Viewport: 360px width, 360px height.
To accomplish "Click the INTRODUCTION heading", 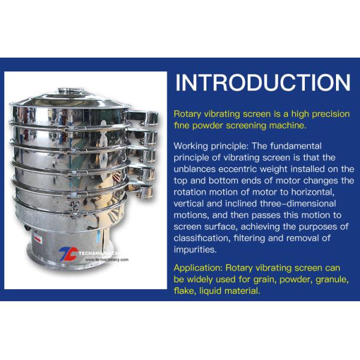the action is (263, 83).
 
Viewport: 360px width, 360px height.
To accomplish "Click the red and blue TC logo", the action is (68, 254).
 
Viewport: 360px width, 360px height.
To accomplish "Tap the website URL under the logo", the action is (107, 260).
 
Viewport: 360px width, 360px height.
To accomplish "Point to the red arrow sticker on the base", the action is (38, 239).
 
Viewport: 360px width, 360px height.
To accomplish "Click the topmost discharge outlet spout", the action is (143, 118).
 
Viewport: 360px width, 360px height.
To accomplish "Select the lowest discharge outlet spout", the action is (140, 189).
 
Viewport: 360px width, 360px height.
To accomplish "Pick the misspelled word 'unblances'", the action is (194, 169).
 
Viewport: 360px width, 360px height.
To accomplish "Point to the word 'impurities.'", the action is (195, 250).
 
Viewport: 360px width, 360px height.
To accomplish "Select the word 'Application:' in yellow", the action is (198, 268).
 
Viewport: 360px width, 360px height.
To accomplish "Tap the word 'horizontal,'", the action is (313, 193).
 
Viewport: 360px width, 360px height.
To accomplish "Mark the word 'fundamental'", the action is (296, 146).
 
